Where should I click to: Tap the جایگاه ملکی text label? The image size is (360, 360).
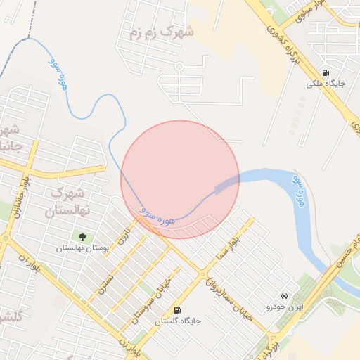[x=324, y=84]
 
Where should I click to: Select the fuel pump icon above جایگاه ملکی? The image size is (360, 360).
[x=325, y=72]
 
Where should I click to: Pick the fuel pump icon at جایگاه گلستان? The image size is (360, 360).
[x=176, y=309]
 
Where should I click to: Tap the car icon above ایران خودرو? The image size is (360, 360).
[x=284, y=296]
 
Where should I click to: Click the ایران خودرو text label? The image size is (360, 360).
[x=284, y=307]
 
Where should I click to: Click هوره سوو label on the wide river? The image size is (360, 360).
[x=300, y=193]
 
